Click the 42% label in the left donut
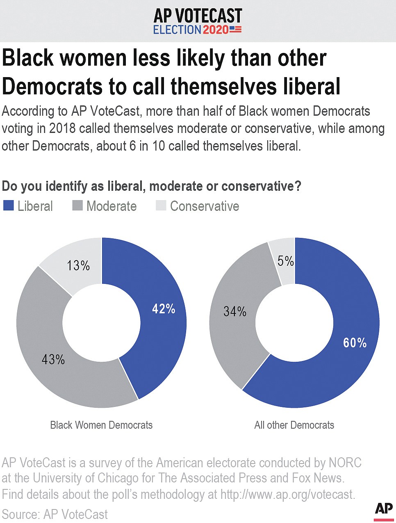click(x=164, y=309)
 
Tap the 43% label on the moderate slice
click(x=53, y=360)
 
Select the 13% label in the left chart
click(x=78, y=265)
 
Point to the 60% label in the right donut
click(x=355, y=343)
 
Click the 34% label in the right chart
click(x=235, y=312)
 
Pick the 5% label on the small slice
click(x=285, y=261)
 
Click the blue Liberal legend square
click(x=9, y=206)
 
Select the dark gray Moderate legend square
click(x=77, y=206)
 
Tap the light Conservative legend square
click(x=161, y=206)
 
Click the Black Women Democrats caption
click(x=101, y=425)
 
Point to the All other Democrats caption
click(x=294, y=425)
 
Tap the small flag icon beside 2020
click(x=236, y=30)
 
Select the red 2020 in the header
click(x=215, y=30)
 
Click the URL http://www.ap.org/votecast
click(x=287, y=494)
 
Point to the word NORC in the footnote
click(x=345, y=463)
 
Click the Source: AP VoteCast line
click(x=55, y=514)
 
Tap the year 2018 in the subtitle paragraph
click(x=62, y=128)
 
